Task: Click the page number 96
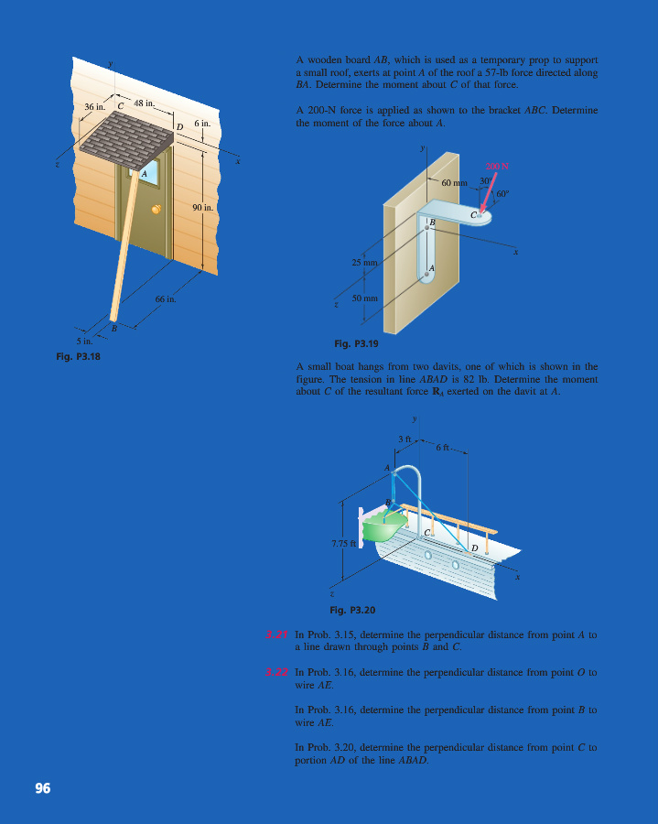[42, 788]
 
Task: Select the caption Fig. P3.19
[355, 343]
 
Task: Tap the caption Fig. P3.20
[352, 609]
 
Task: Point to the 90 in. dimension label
[202, 208]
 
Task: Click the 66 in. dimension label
[165, 299]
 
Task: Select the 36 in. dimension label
[95, 107]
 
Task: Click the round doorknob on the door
[156, 210]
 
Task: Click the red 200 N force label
[497, 167]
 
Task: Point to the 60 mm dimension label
[454, 183]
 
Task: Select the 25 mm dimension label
[364, 263]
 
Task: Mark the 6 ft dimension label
[443, 447]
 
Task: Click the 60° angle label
[502, 193]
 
